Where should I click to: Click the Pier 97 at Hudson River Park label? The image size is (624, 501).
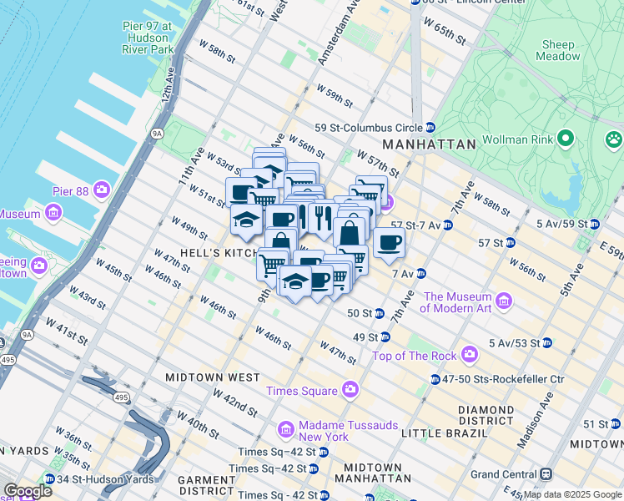tap(147, 38)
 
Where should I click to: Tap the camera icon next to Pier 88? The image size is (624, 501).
tap(103, 190)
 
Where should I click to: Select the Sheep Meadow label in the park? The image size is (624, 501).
tap(558, 50)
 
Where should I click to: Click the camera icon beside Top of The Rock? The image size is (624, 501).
tap(469, 356)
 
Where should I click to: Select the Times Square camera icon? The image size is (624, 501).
tap(349, 390)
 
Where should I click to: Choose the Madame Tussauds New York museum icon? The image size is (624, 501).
tap(285, 429)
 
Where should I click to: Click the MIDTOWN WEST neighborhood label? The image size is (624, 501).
tap(212, 377)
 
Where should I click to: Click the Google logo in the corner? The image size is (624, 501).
tap(28, 491)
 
